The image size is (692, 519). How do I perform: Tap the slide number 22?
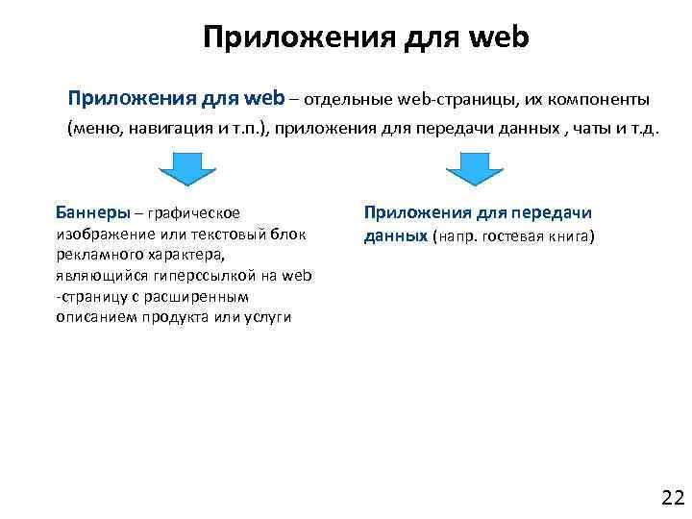click(672, 497)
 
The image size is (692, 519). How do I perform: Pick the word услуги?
click(269, 318)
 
